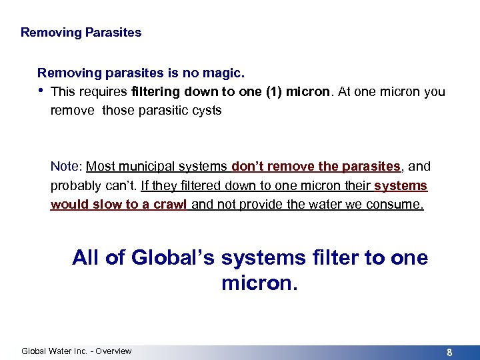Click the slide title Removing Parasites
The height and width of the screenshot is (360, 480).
coord(81,32)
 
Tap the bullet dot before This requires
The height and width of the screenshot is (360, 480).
coord(41,91)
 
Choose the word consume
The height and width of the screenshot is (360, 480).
coord(397,204)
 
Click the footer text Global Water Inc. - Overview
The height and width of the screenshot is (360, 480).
coord(77,351)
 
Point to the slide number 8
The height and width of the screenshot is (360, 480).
coord(449,352)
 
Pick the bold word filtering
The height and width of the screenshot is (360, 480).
coord(158,91)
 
